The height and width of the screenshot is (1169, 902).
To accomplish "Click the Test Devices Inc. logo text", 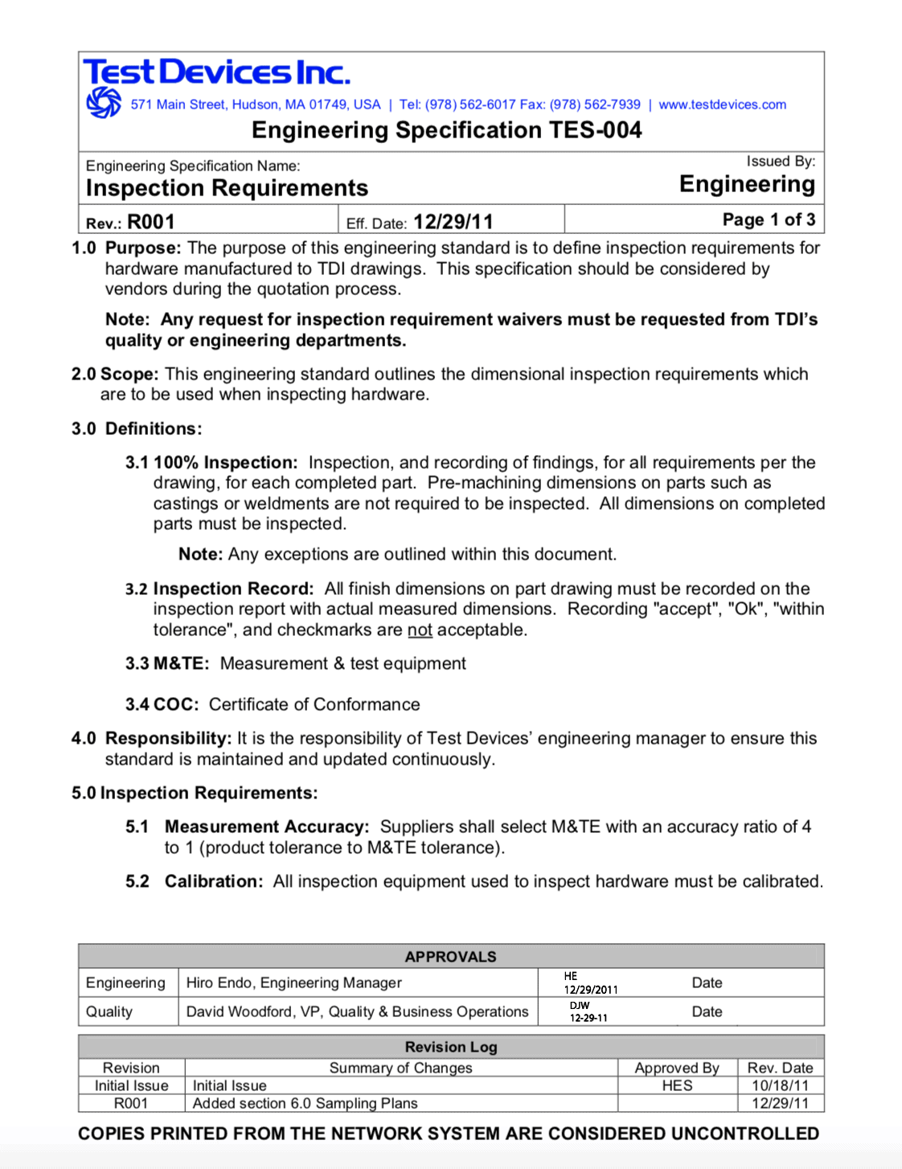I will pos(216,72).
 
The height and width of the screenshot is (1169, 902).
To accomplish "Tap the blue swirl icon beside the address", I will pos(104,103).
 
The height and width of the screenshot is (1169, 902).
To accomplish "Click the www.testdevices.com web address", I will pos(722,105).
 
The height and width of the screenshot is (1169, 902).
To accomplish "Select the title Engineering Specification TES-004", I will pos(446,130).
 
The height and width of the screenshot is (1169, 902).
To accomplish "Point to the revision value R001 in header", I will pos(150,222).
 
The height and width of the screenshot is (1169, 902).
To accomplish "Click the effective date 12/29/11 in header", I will pos(453,222).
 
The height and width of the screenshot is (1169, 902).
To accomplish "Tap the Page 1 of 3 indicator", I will pos(769,219).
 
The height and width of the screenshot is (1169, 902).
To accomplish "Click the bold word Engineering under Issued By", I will pos(747,184).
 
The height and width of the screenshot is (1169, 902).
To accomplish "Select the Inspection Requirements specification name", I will pos(227,188).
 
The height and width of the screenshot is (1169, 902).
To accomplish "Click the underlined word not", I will pos(420,630).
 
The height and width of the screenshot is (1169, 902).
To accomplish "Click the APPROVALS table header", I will pos(450,957).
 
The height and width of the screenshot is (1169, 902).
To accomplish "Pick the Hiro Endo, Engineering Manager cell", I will pos(294,983).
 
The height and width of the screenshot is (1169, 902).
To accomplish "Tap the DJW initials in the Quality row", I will pos(580,1006).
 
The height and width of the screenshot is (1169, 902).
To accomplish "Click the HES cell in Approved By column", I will pos(677,1086).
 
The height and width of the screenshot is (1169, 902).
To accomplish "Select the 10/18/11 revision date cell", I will pos(780,1086).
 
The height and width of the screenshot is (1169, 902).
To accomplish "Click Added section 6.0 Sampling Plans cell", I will pos(305,1104).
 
